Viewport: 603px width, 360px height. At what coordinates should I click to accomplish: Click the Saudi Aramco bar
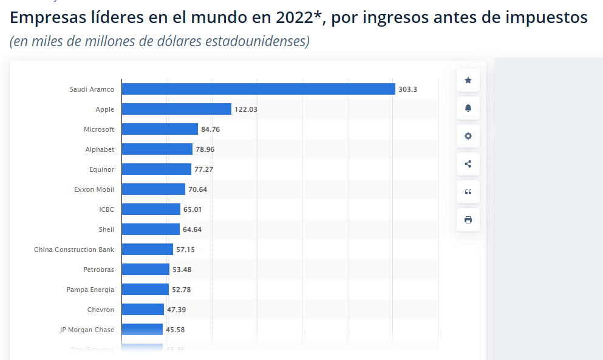tap(258, 89)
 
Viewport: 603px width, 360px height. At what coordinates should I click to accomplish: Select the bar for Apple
tap(176, 109)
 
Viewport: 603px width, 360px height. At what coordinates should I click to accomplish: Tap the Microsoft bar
tap(160, 129)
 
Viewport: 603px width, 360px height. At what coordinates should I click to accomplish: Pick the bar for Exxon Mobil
tap(153, 189)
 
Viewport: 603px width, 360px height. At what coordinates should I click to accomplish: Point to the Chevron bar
tap(143, 310)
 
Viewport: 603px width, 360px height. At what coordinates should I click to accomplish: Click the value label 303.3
tap(407, 89)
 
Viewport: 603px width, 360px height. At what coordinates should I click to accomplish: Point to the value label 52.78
tap(182, 290)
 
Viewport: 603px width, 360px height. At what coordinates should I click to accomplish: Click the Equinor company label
tap(101, 169)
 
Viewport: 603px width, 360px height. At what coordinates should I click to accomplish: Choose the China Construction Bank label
tap(74, 250)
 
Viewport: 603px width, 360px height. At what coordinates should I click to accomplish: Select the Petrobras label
tap(98, 270)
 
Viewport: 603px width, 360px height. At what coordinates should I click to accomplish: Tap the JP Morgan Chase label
tap(87, 330)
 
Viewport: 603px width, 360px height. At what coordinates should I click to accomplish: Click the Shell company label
tap(106, 229)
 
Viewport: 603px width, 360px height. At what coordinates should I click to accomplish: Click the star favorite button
tap(468, 80)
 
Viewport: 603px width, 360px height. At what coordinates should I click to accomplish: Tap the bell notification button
tap(468, 108)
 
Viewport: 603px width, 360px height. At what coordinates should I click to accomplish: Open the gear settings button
tap(468, 136)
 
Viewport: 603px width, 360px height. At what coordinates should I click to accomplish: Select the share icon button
tap(468, 164)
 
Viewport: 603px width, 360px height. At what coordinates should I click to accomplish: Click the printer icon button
tap(468, 220)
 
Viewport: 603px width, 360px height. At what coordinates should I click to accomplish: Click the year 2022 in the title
tap(294, 18)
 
